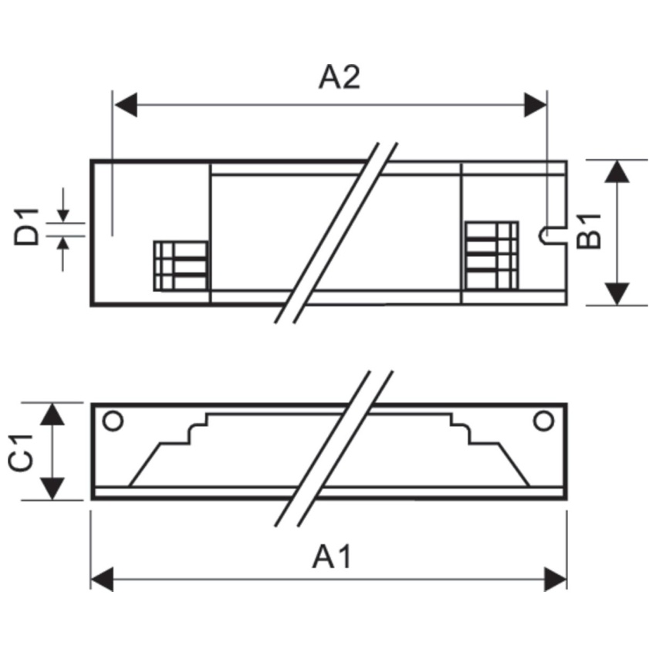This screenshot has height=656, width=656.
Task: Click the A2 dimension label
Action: (339, 77)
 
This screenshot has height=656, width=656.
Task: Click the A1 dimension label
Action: (333, 556)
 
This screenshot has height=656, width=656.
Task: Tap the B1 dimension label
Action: (589, 232)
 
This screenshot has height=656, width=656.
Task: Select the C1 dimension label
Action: (21, 453)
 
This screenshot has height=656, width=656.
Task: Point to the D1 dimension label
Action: (26, 227)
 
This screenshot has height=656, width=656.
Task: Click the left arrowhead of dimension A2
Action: (126, 105)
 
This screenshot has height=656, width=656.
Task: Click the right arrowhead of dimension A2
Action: (536, 105)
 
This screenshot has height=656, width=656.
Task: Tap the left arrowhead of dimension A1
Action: (102, 580)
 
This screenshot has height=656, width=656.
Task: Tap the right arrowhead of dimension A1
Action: (555, 580)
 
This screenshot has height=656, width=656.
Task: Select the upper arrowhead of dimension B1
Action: (617, 171)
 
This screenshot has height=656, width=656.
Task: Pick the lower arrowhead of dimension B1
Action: (617, 294)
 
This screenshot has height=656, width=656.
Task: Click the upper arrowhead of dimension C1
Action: (52, 414)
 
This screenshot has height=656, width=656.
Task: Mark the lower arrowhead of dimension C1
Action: (52, 489)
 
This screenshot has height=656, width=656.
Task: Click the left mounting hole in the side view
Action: (113, 421)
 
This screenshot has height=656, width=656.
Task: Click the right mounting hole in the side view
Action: (543, 421)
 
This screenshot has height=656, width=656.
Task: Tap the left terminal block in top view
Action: (181, 265)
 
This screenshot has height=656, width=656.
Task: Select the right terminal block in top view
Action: (492, 255)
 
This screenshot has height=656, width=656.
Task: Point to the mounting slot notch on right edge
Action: (553, 236)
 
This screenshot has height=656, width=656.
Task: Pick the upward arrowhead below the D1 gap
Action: (63, 243)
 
